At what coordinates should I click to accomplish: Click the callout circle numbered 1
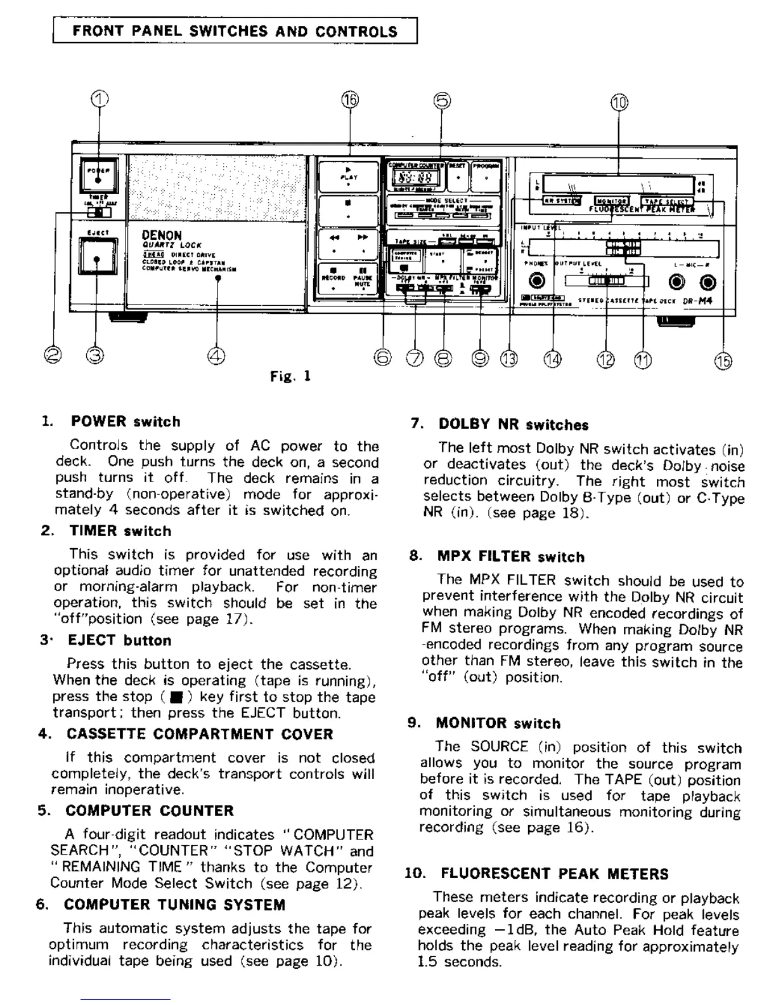(x=99, y=98)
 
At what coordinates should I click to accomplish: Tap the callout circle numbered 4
(x=216, y=357)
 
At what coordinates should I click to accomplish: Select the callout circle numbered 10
(x=619, y=102)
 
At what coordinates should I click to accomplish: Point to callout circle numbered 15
(x=723, y=361)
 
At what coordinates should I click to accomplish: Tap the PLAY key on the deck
(x=349, y=174)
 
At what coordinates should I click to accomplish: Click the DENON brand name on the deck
(x=162, y=235)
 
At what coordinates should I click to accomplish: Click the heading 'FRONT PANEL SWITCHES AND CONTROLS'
(x=235, y=31)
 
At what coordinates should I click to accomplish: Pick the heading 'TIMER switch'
(x=120, y=531)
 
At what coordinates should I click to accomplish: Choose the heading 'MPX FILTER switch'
(x=511, y=557)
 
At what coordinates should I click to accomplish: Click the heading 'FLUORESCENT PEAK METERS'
(x=554, y=874)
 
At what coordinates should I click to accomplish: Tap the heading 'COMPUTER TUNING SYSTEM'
(x=174, y=905)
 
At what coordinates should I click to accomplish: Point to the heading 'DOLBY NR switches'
(x=514, y=425)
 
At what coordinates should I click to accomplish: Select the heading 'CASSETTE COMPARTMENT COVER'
(x=200, y=734)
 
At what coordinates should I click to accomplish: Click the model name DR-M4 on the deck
(x=698, y=301)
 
